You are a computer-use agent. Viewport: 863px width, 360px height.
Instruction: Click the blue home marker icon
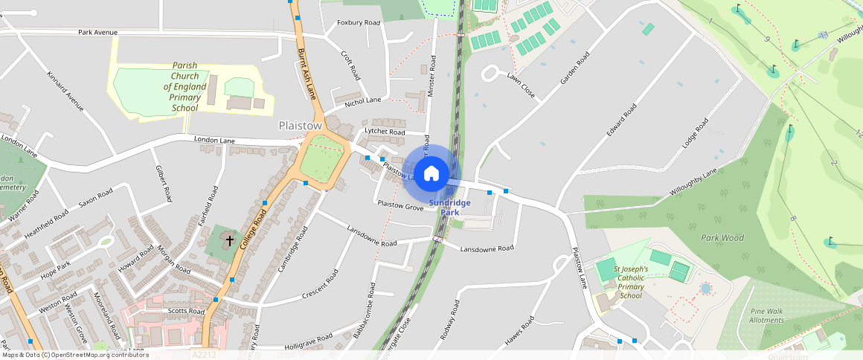pos(431,174)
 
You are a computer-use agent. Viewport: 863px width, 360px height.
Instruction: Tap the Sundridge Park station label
pos(449,207)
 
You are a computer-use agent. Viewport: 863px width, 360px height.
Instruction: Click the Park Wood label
pos(722,238)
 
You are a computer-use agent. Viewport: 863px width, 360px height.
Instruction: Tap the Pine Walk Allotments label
pos(766,315)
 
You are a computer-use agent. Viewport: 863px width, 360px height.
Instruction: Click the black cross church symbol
pos(230,240)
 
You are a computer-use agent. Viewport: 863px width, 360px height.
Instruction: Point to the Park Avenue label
pos(98,33)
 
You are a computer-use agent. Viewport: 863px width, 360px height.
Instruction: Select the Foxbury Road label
pos(359,23)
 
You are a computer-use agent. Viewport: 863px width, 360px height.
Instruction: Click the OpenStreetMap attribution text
pos(74,355)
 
